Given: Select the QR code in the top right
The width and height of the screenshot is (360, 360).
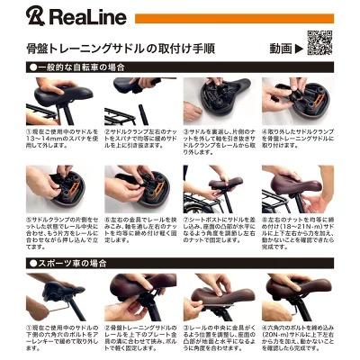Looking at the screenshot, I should tap(320, 42).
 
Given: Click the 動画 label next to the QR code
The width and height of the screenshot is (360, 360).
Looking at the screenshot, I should tap(281, 47).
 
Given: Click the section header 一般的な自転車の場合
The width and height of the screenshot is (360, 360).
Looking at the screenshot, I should tap(84, 67).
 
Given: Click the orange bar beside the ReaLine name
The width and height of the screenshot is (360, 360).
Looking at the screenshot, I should tap(234, 18).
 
